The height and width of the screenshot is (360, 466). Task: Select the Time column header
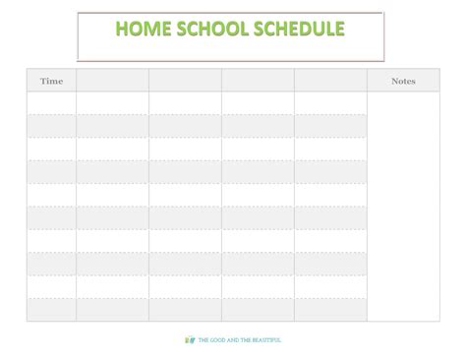tap(51, 81)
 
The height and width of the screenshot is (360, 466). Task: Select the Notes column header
tap(403, 81)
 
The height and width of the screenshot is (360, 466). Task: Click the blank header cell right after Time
tap(112, 81)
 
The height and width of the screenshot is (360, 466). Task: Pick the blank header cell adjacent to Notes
tap(330, 81)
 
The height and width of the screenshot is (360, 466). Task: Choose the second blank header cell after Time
tap(185, 81)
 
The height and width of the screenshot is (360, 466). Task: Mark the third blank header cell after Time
tap(258, 81)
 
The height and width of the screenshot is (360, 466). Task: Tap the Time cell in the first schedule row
tap(51, 103)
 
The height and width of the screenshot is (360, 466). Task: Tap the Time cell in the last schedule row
tap(51, 310)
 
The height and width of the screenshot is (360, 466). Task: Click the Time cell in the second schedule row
tap(51, 126)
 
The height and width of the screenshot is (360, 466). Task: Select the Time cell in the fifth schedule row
tap(51, 195)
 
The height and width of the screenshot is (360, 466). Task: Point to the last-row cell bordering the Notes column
tap(330, 310)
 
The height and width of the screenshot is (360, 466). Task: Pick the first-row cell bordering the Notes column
tap(330, 103)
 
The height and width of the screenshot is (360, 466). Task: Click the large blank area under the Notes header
tap(403, 207)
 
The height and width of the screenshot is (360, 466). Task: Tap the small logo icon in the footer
tap(190, 339)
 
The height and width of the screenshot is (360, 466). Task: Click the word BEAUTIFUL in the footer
tap(263, 340)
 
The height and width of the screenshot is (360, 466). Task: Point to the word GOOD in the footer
tap(217, 340)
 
